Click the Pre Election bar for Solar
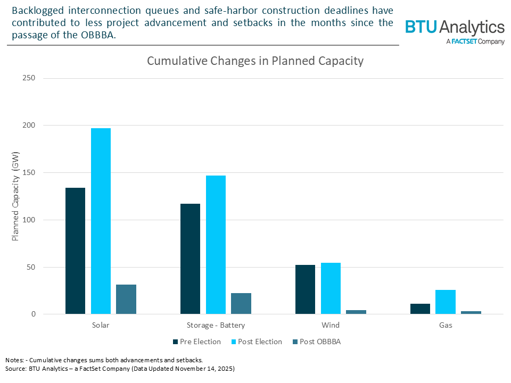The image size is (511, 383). [x=75, y=251]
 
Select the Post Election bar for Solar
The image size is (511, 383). [x=101, y=221]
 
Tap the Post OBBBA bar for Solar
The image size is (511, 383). [x=126, y=299]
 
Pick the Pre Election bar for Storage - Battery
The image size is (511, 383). [x=190, y=259]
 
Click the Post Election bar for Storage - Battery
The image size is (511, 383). [x=216, y=245]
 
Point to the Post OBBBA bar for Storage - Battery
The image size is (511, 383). [x=241, y=303]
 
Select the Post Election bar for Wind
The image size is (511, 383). [x=331, y=288]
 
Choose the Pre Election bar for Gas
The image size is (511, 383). [x=420, y=309]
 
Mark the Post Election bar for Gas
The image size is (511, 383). [x=446, y=302]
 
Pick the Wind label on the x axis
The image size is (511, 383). [x=331, y=325]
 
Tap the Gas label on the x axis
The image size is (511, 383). [x=446, y=325]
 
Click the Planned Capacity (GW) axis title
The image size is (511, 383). [x=15, y=196]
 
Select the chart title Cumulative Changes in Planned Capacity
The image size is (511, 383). [x=255, y=61]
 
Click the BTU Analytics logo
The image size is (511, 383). [x=455, y=31]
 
